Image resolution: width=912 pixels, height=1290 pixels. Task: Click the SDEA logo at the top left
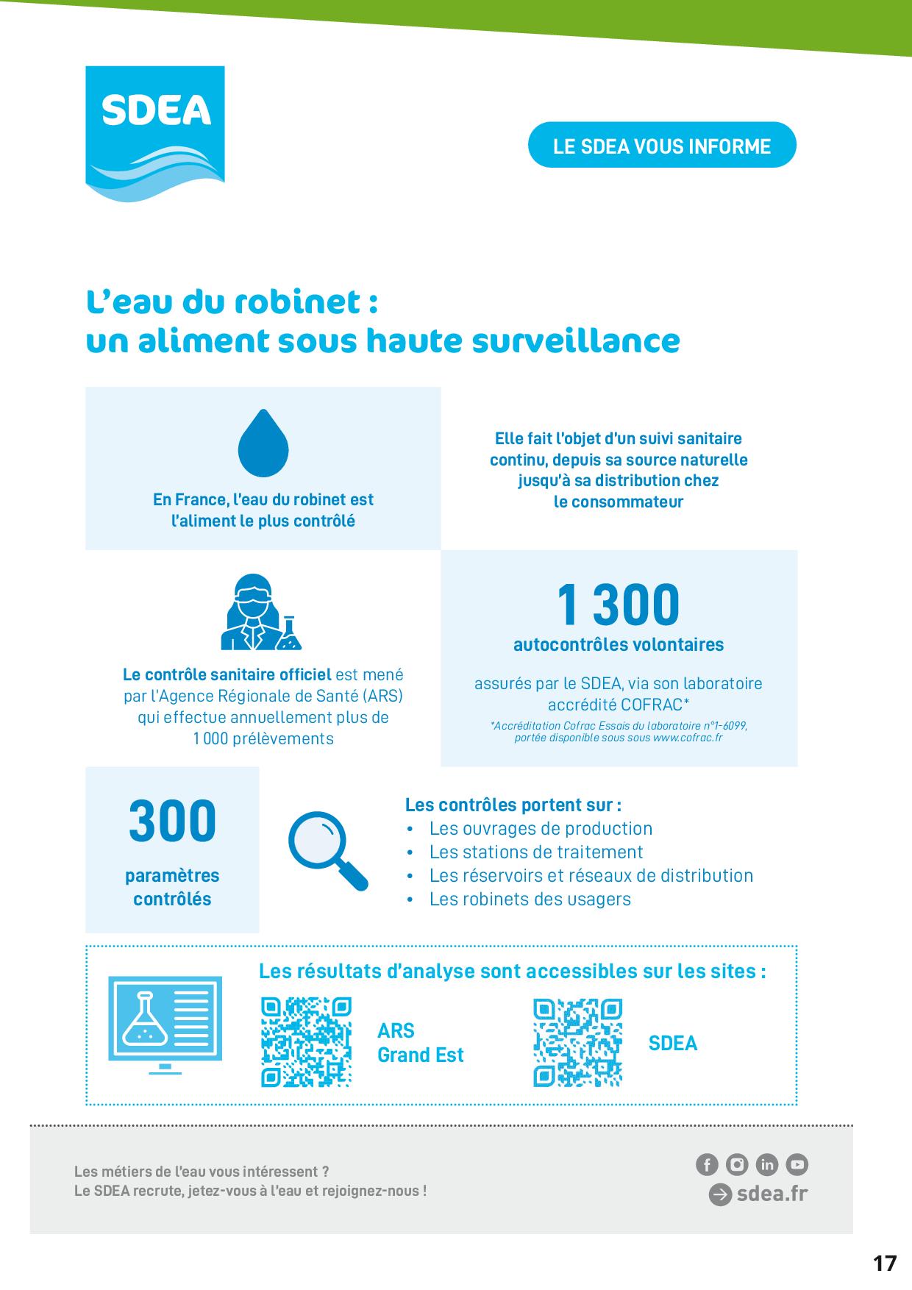click(155, 133)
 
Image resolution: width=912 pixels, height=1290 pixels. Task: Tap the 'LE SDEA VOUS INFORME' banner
click(662, 145)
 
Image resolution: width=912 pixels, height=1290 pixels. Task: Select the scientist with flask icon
click(261, 612)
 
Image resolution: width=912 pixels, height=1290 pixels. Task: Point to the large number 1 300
click(618, 605)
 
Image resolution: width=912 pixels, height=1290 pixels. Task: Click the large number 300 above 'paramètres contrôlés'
click(172, 821)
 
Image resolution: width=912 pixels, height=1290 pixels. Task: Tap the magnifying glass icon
click(328, 852)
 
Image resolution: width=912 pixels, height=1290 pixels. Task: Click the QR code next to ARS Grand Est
click(307, 1042)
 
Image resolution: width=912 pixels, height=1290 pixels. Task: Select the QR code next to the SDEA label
click(578, 1042)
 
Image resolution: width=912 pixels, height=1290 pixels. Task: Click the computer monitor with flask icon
click(165, 1026)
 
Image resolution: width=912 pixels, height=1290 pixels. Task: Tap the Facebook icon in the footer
click(706, 1164)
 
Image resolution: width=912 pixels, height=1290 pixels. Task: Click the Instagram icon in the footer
click(736, 1164)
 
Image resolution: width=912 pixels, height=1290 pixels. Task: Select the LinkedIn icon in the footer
click(766, 1164)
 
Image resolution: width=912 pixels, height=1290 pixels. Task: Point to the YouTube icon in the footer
click(797, 1164)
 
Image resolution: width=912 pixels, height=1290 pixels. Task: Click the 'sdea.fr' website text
click(772, 1193)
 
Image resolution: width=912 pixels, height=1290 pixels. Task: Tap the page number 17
click(885, 1264)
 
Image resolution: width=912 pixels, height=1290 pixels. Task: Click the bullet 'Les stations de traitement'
click(536, 852)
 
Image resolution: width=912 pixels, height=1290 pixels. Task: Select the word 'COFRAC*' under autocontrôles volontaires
click(655, 704)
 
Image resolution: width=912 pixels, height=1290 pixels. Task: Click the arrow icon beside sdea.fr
click(720, 1194)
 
